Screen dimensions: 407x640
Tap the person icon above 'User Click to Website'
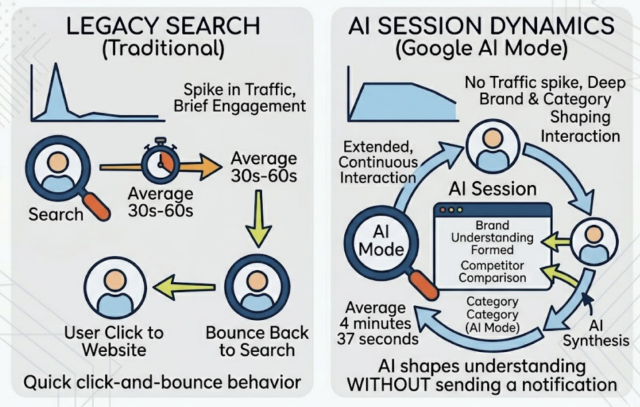(115, 288)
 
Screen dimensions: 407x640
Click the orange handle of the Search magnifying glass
(95, 206)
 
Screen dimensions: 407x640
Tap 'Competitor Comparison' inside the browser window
(492, 272)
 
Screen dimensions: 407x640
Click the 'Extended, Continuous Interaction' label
(377, 163)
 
